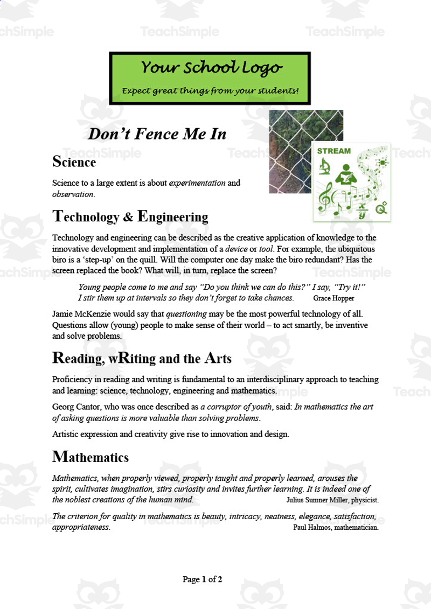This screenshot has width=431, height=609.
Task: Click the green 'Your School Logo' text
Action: click(211, 68)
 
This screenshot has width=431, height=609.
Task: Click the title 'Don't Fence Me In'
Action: click(157, 134)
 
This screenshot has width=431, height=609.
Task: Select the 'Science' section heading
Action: click(74, 162)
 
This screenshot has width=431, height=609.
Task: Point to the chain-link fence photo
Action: click(291, 151)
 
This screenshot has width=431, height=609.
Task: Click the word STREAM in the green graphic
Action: click(333, 151)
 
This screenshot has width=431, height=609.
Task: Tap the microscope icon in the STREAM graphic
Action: click(325, 168)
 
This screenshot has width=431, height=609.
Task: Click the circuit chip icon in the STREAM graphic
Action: click(383, 162)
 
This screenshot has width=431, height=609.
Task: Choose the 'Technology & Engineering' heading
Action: click(130, 217)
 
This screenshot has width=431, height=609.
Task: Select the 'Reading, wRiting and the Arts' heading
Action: click(142, 358)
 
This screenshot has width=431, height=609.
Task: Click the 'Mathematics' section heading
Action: click(91, 458)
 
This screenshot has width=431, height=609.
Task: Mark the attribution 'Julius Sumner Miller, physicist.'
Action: click(332, 500)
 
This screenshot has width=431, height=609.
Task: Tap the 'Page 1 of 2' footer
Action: click(203, 580)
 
